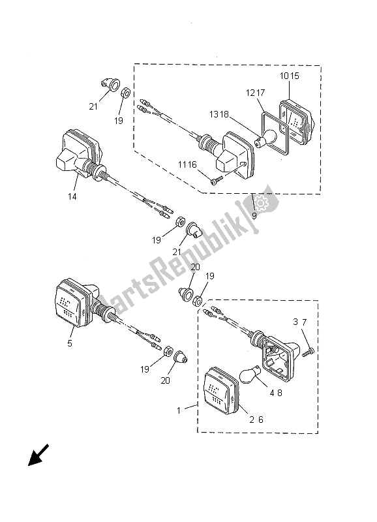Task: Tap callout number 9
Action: point(254,215)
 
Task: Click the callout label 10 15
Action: point(290,76)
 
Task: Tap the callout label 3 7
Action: point(299,322)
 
